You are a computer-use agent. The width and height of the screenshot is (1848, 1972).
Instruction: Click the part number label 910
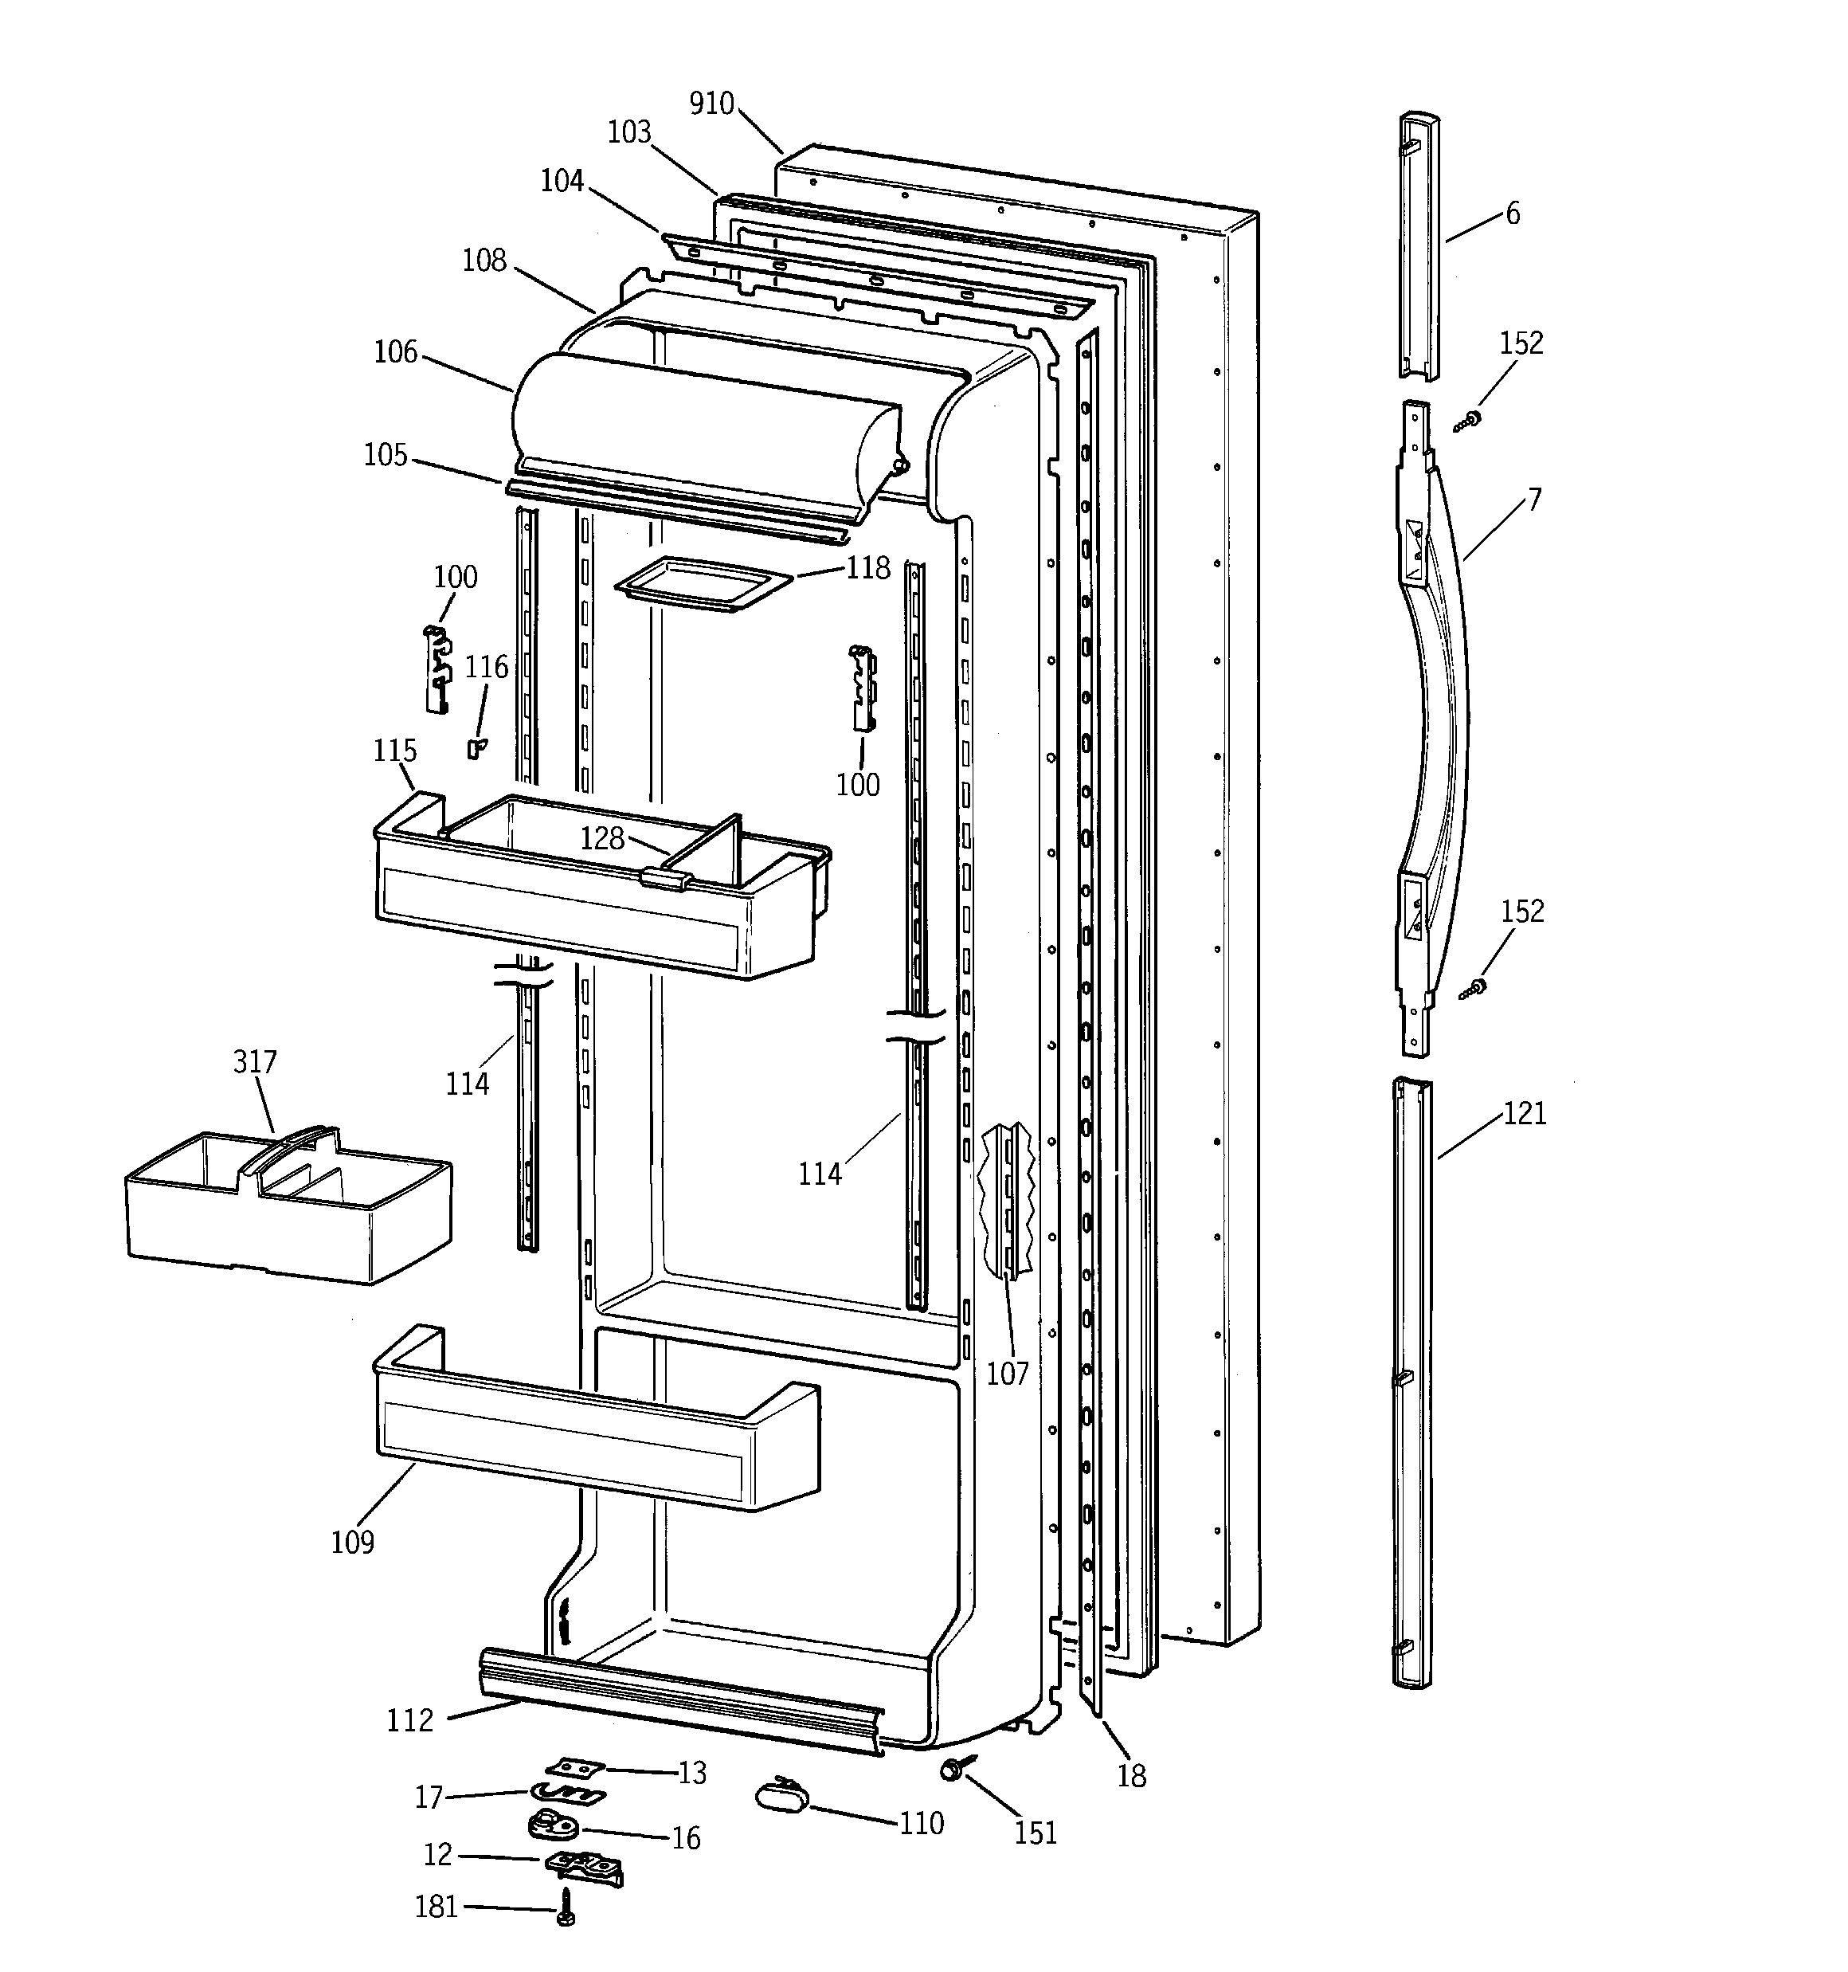(711, 103)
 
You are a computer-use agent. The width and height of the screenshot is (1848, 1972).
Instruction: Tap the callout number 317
(255, 1061)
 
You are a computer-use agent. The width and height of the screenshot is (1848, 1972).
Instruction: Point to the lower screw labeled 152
(1472, 988)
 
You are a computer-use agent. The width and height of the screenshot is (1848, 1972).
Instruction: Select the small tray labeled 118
(703, 583)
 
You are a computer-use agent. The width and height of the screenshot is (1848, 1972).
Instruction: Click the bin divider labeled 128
(707, 853)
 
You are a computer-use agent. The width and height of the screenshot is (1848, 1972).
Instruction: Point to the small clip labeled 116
(476, 748)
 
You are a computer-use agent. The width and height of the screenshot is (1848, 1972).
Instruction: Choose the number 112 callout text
(409, 1720)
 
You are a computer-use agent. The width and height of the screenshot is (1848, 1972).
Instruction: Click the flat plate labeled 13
(575, 1768)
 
